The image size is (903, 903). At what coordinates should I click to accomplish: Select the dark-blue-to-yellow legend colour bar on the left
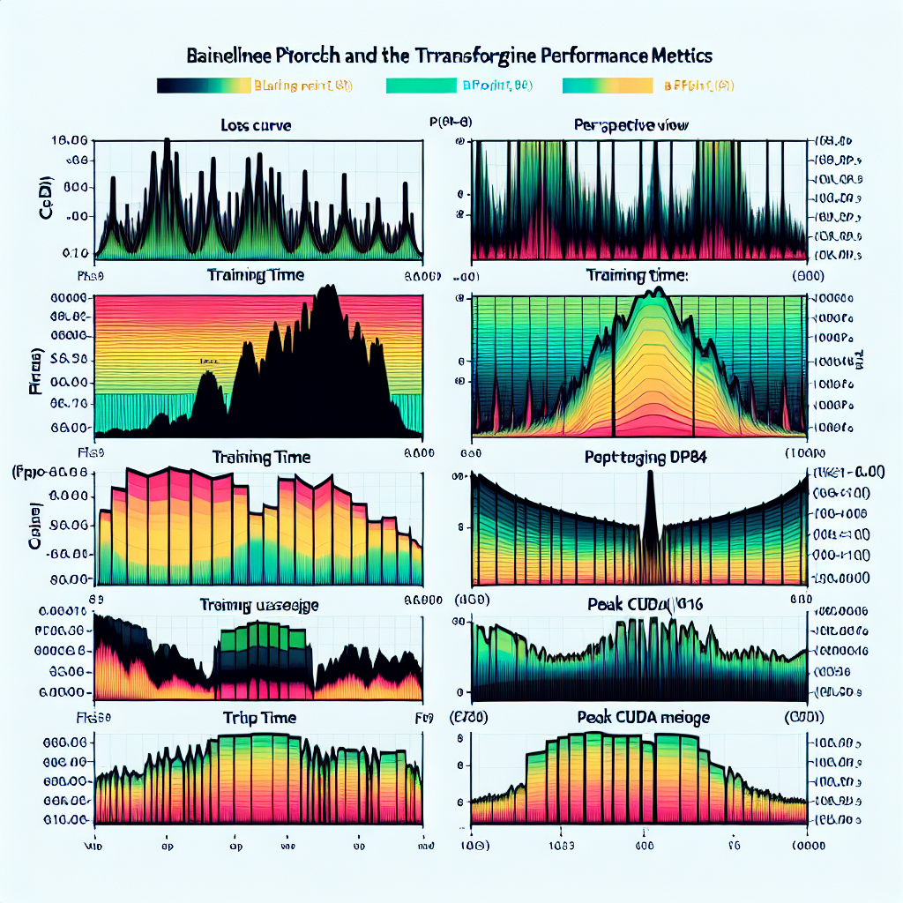click(x=204, y=86)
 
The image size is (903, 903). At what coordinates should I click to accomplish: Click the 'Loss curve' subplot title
click(x=256, y=125)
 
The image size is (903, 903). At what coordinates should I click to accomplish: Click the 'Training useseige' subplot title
click(x=258, y=605)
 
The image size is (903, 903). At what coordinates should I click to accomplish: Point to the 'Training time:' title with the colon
click(x=636, y=275)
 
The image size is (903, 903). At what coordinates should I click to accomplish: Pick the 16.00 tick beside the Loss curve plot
click(x=69, y=140)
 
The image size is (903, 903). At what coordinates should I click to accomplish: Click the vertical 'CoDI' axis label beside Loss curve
click(x=44, y=197)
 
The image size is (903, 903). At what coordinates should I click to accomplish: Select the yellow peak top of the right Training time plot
click(x=653, y=304)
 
